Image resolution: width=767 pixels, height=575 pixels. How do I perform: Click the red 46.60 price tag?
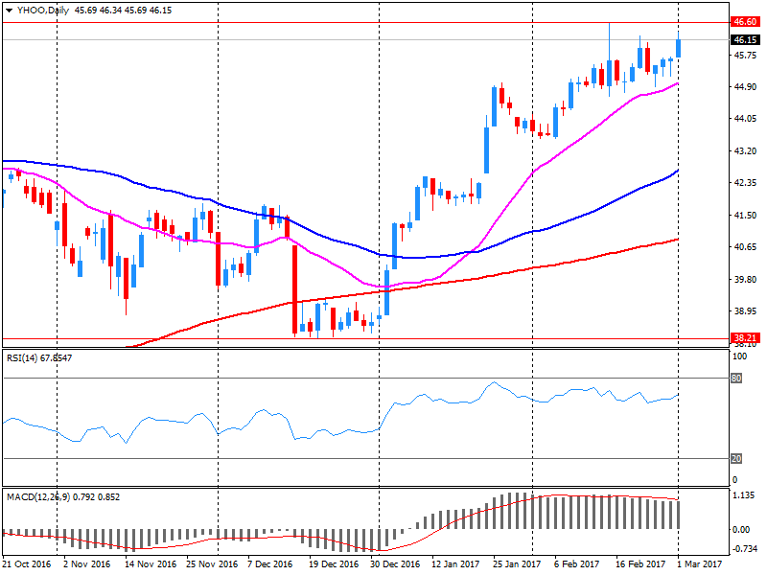745,22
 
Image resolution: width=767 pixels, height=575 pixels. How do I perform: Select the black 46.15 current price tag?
745,40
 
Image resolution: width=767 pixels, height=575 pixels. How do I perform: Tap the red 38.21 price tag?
745,338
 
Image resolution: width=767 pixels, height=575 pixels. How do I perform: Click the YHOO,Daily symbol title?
39,9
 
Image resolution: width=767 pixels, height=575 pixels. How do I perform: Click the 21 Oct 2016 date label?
26,564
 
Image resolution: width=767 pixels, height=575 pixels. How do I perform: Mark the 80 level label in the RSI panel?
736,378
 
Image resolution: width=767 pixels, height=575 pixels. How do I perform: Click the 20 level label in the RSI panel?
736,458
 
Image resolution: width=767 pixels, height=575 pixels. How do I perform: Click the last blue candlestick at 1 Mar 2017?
679,47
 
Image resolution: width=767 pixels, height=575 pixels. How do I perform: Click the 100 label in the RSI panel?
739,356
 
